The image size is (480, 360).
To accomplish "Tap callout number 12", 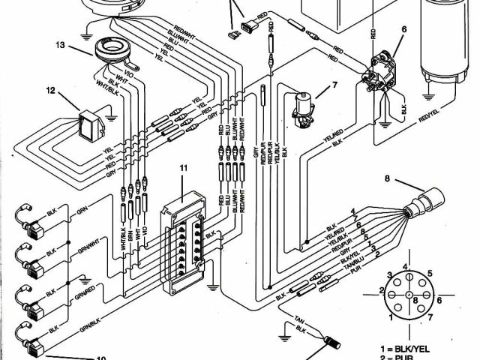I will click(51, 92).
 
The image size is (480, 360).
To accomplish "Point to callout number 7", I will click(334, 83).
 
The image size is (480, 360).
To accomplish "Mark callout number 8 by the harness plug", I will click(388, 178).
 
